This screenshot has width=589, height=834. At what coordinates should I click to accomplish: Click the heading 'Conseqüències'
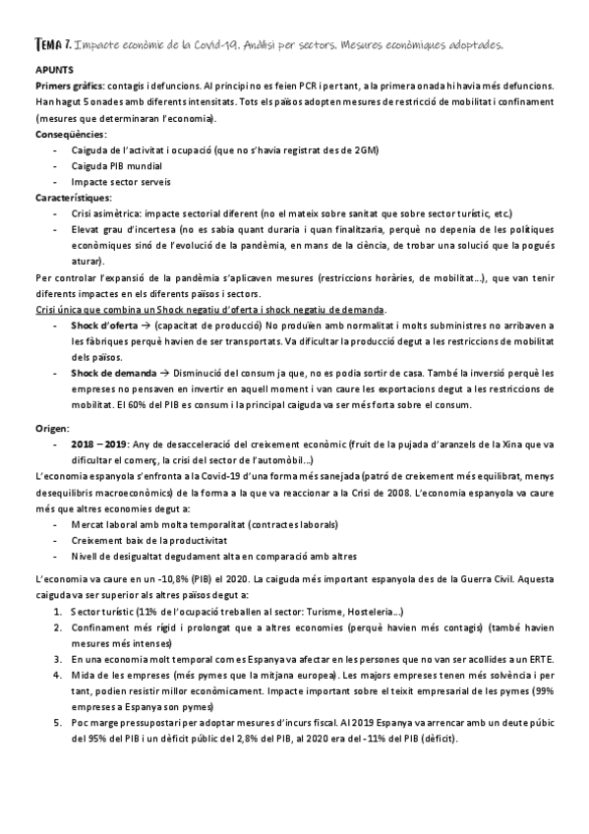click(71, 134)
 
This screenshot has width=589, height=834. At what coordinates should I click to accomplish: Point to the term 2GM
click(364, 149)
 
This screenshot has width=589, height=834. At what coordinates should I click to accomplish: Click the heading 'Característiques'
click(75, 197)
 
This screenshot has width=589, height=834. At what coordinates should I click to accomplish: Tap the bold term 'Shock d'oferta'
click(104, 325)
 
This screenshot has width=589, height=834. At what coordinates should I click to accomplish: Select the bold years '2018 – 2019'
click(99, 445)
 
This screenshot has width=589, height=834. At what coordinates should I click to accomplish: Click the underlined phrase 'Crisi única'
click(61, 309)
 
